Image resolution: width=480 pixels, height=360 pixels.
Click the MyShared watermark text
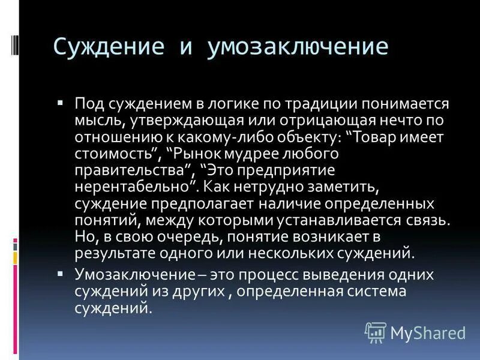pyautogui.click(x=427, y=332)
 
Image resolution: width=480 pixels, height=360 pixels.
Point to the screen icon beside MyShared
pyautogui.click(x=375, y=331)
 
